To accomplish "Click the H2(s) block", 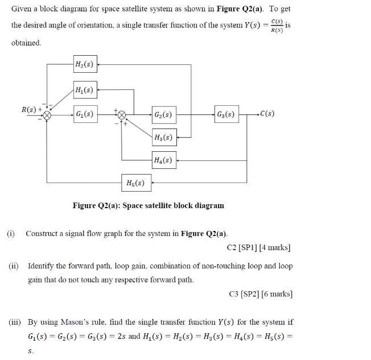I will pyautogui.click(x=85, y=65).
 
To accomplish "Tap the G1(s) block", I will pyautogui.click(x=85, y=114).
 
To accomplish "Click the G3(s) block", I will pyautogui.click(x=226, y=114).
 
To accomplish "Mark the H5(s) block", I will pyautogui.click(x=134, y=183).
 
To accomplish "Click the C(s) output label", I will pyautogui.click(x=266, y=114).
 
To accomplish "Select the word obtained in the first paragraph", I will pyautogui.click(x=26, y=43).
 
